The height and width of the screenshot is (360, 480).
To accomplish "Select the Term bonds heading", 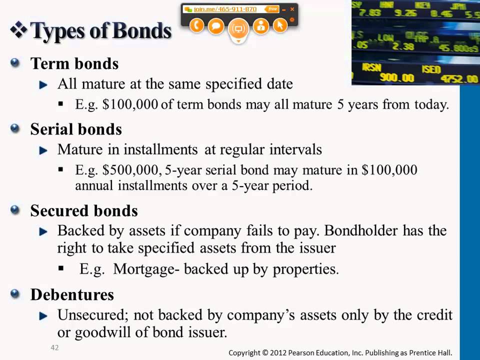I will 74,63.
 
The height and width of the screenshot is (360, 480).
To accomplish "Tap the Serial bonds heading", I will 76,129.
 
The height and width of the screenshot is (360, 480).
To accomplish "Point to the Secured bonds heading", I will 84,210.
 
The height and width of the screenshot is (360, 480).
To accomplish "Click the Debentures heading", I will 72,294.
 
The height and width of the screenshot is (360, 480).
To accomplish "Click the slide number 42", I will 54,347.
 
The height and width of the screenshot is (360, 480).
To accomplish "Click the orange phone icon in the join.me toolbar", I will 196,25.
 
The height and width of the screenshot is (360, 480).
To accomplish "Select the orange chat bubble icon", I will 216,25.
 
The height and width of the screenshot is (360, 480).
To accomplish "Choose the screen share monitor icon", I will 238,28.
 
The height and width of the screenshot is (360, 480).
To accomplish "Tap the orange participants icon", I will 260,25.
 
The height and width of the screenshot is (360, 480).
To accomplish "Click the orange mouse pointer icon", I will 280,25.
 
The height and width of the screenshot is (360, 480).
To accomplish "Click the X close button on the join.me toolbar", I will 292,9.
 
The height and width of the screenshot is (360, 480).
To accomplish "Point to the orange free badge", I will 272,9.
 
